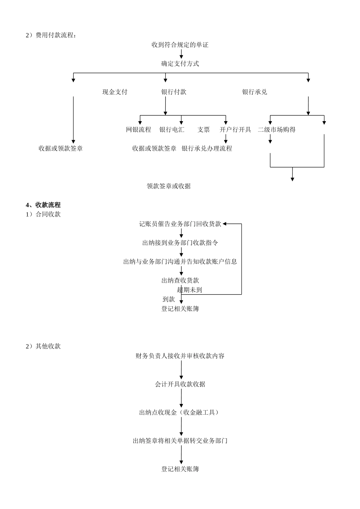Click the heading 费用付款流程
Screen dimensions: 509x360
coord(51,36)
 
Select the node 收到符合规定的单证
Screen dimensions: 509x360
coord(180,45)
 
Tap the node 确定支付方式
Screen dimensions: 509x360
coord(180,64)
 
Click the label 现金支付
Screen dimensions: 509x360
coord(115,92)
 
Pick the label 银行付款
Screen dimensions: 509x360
coord(174,92)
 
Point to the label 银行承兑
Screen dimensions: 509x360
coord(255,92)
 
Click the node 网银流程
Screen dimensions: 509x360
coord(138,130)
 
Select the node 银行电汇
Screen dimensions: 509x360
coord(172,130)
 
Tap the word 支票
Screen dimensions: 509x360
coord(203,130)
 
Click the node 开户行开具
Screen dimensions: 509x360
coord(235,130)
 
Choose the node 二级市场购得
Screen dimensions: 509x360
coord(277,130)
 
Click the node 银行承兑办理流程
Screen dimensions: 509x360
coord(207,149)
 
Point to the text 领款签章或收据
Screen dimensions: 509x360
coord(169,186)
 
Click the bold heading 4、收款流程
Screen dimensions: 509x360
coord(43,205)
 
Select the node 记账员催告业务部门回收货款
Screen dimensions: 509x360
coord(180,224)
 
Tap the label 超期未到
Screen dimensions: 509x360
coord(189,290)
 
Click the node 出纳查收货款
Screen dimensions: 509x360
coord(180,281)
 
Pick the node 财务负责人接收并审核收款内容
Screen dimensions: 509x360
coord(180,356)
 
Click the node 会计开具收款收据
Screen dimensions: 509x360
coord(180,384)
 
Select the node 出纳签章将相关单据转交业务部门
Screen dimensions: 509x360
coord(180,441)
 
